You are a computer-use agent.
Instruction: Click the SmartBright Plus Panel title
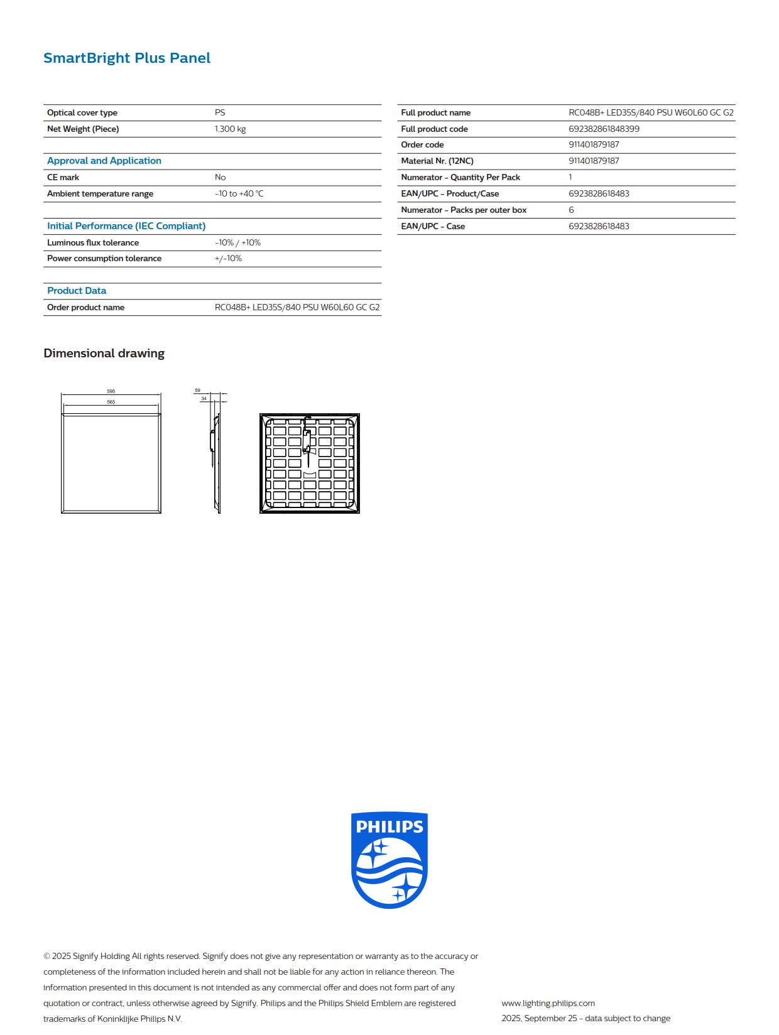coord(127,58)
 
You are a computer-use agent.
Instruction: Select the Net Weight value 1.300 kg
coord(230,129)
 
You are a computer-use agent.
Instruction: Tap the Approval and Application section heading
coord(104,161)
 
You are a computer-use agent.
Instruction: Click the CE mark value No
coord(220,177)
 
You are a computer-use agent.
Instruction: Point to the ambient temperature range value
coord(239,193)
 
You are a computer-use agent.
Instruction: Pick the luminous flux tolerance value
coord(237,242)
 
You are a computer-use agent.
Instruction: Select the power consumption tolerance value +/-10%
coord(228,258)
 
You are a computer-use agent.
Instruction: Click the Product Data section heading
coord(77,291)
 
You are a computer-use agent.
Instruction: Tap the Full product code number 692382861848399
coord(604,129)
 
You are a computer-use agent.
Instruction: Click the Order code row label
coord(422,144)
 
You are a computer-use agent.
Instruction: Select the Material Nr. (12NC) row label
coord(437,161)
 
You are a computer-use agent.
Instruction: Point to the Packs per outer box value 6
coord(571,210)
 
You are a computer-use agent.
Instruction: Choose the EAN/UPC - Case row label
coord(433,226)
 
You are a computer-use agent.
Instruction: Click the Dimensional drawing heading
coord(104,353)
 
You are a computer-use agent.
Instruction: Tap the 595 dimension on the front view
coord(111,391)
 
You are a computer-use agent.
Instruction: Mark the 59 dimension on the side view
coord(197,391)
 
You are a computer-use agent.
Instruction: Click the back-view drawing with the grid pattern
coord(310,463)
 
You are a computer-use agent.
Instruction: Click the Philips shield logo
coord(389,860)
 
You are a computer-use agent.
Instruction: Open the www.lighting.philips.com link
coord(548,1003)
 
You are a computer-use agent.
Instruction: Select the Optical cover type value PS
coord(220,112)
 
